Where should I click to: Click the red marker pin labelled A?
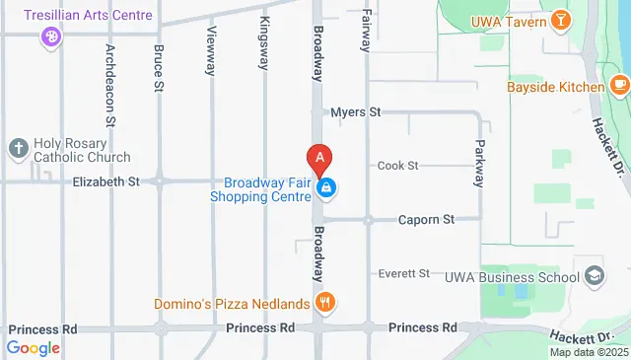319,158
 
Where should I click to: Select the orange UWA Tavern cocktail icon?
560,19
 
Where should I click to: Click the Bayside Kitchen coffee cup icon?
618,87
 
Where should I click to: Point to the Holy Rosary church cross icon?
17,148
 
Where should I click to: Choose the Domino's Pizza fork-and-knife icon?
321,302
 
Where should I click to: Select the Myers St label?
356,112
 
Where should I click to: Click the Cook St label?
398,165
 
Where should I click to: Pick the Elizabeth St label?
106,181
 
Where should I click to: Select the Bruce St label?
159,67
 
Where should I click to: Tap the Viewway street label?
211,48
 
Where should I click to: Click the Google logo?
33,347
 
